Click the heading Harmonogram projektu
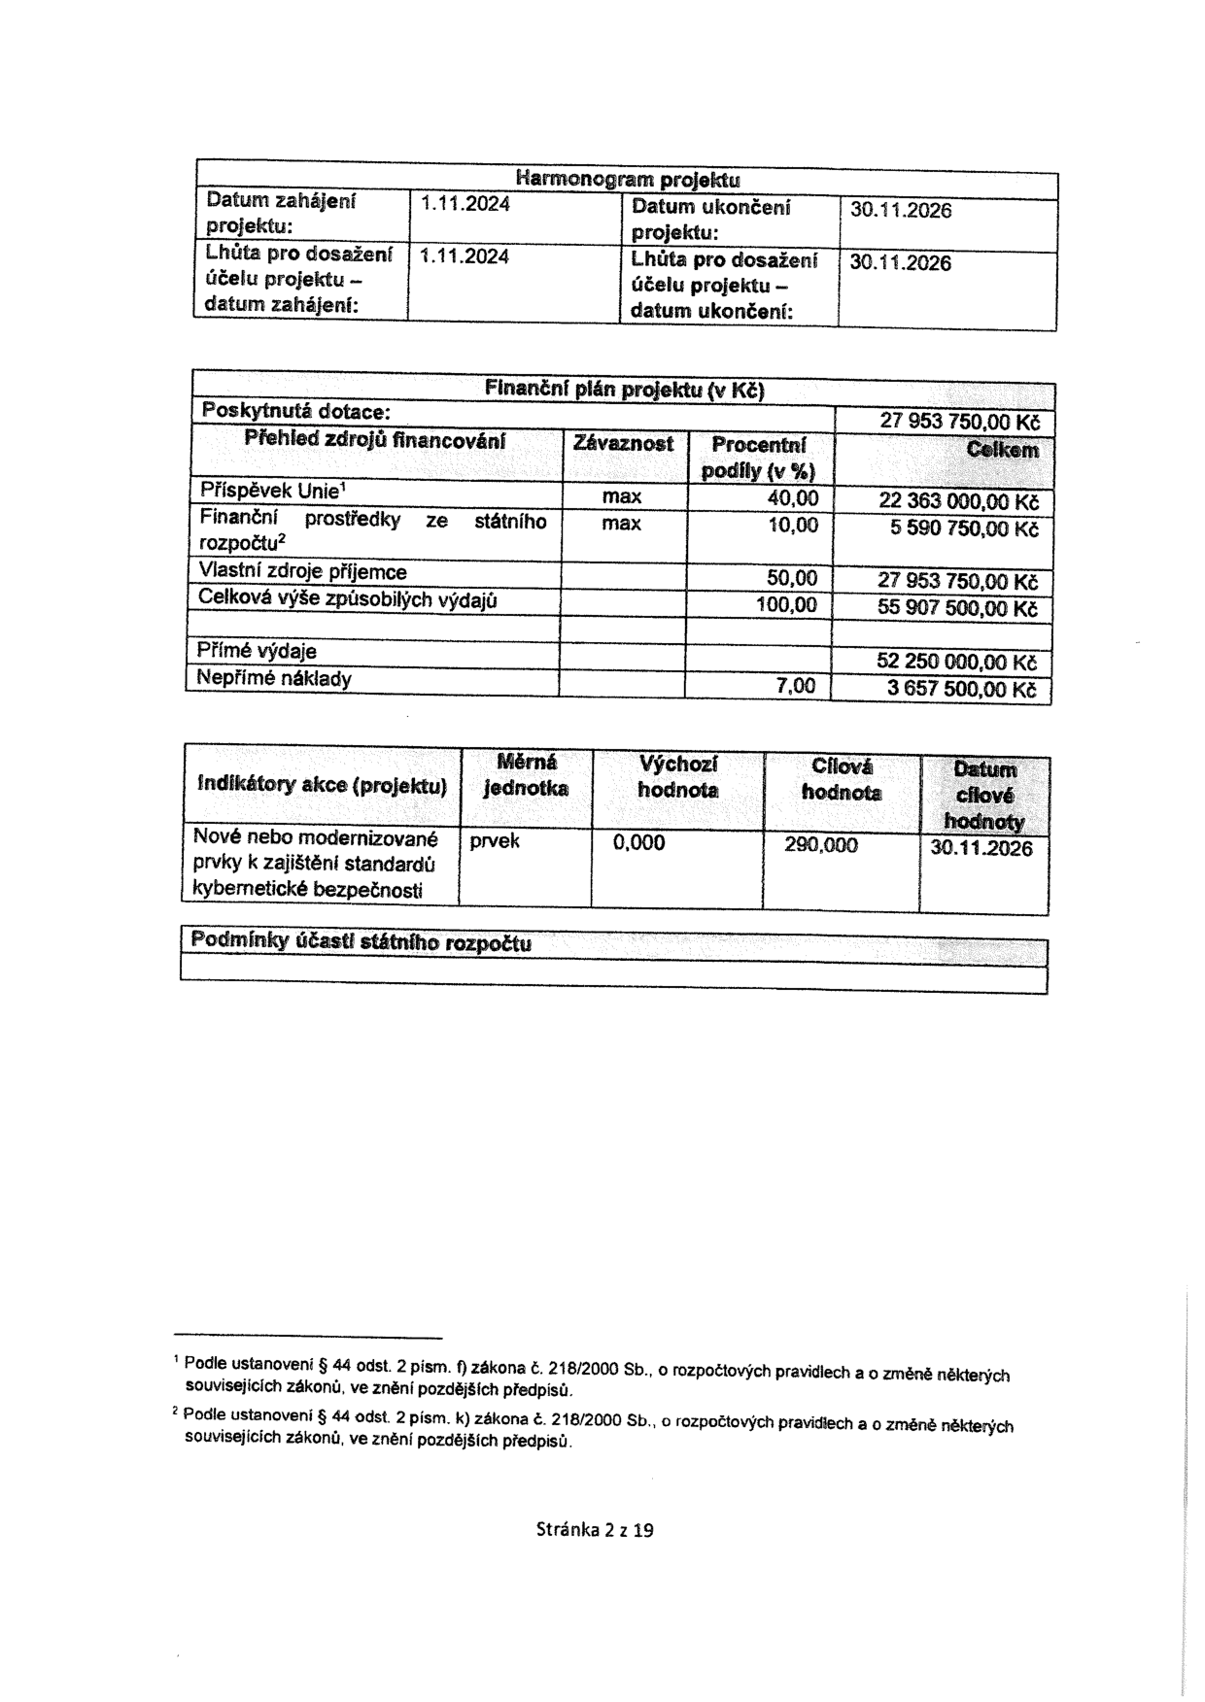click(627, 179)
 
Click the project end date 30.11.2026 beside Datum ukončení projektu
click(900, 211)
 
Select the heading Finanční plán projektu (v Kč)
click(624, 391)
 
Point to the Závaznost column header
click(623, 444)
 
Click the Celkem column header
click(1002, 451)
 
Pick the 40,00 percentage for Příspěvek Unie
click(793, 499)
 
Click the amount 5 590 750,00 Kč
click(964, 529)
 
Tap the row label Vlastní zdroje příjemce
click(302, 572)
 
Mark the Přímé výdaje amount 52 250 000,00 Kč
click(957, 663)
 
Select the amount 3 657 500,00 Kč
click(963, 690)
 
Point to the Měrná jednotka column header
click(526, 775)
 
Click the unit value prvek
click(495, 841)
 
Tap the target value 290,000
click(821, 845)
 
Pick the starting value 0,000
click(638, 843)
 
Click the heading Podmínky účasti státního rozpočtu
click(361, 941)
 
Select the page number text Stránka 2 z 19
click(595, 1530)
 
